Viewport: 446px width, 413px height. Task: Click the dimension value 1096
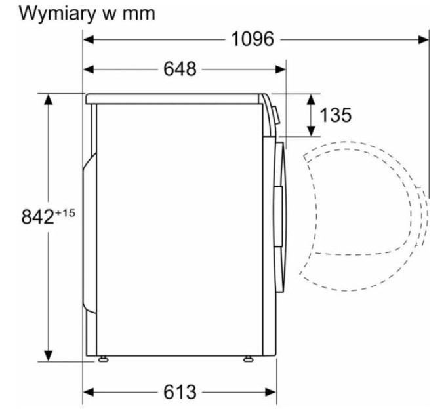click(x=253, y=39)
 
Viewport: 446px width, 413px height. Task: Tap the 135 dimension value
click(x=335, y=115)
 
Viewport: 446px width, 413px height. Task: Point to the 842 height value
click(x=37, y=217)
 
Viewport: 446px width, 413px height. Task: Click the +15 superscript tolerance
click(x=66, y=212)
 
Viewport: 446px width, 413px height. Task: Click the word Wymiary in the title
click(x=58, y=13)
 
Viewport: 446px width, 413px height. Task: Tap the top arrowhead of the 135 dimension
click(x=310, y=98)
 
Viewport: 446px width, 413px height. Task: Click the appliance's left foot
click(x=104, y=358)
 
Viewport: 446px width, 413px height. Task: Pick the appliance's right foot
click(x=247, y=358)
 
